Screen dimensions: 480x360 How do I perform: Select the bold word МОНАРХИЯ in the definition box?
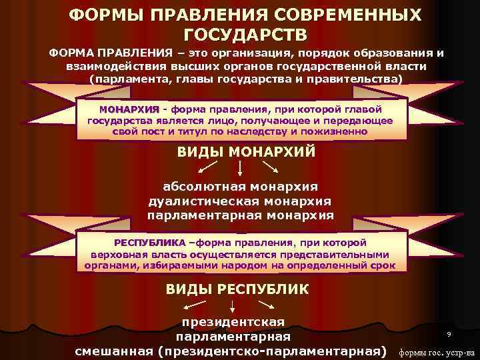pyautogui.click(x=129, y=109)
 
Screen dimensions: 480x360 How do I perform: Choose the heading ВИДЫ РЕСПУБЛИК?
pyautogui.click(x=237, y=289)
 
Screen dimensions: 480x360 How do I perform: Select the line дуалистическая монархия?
pyautogui.click(x=241, y=201)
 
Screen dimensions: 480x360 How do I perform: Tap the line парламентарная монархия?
pyautogui.click(x=241, y=216)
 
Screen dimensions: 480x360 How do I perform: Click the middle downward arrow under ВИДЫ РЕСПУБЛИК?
pyautogui.click(x=232, y=307)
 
